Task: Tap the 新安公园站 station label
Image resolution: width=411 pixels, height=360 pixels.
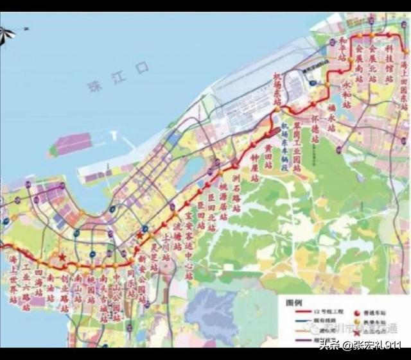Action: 142,275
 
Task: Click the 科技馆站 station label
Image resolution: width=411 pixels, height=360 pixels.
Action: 389,61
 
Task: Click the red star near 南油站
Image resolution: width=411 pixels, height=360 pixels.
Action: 62,257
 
